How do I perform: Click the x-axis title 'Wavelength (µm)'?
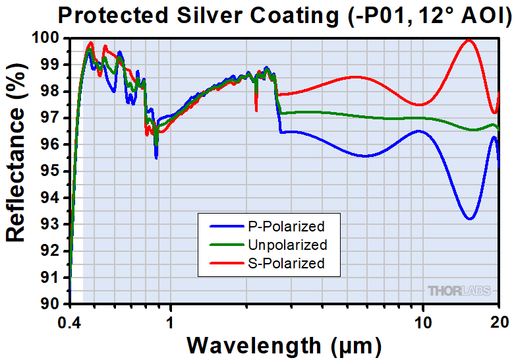pos(283,345)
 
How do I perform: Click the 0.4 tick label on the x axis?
pos(69,322)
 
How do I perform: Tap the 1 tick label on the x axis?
pos(170,322)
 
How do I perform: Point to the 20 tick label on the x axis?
pos(499,322)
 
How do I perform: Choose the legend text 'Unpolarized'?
pos(289,245)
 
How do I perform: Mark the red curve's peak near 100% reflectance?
pos(469,40)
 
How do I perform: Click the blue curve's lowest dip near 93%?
pos(469,218)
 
